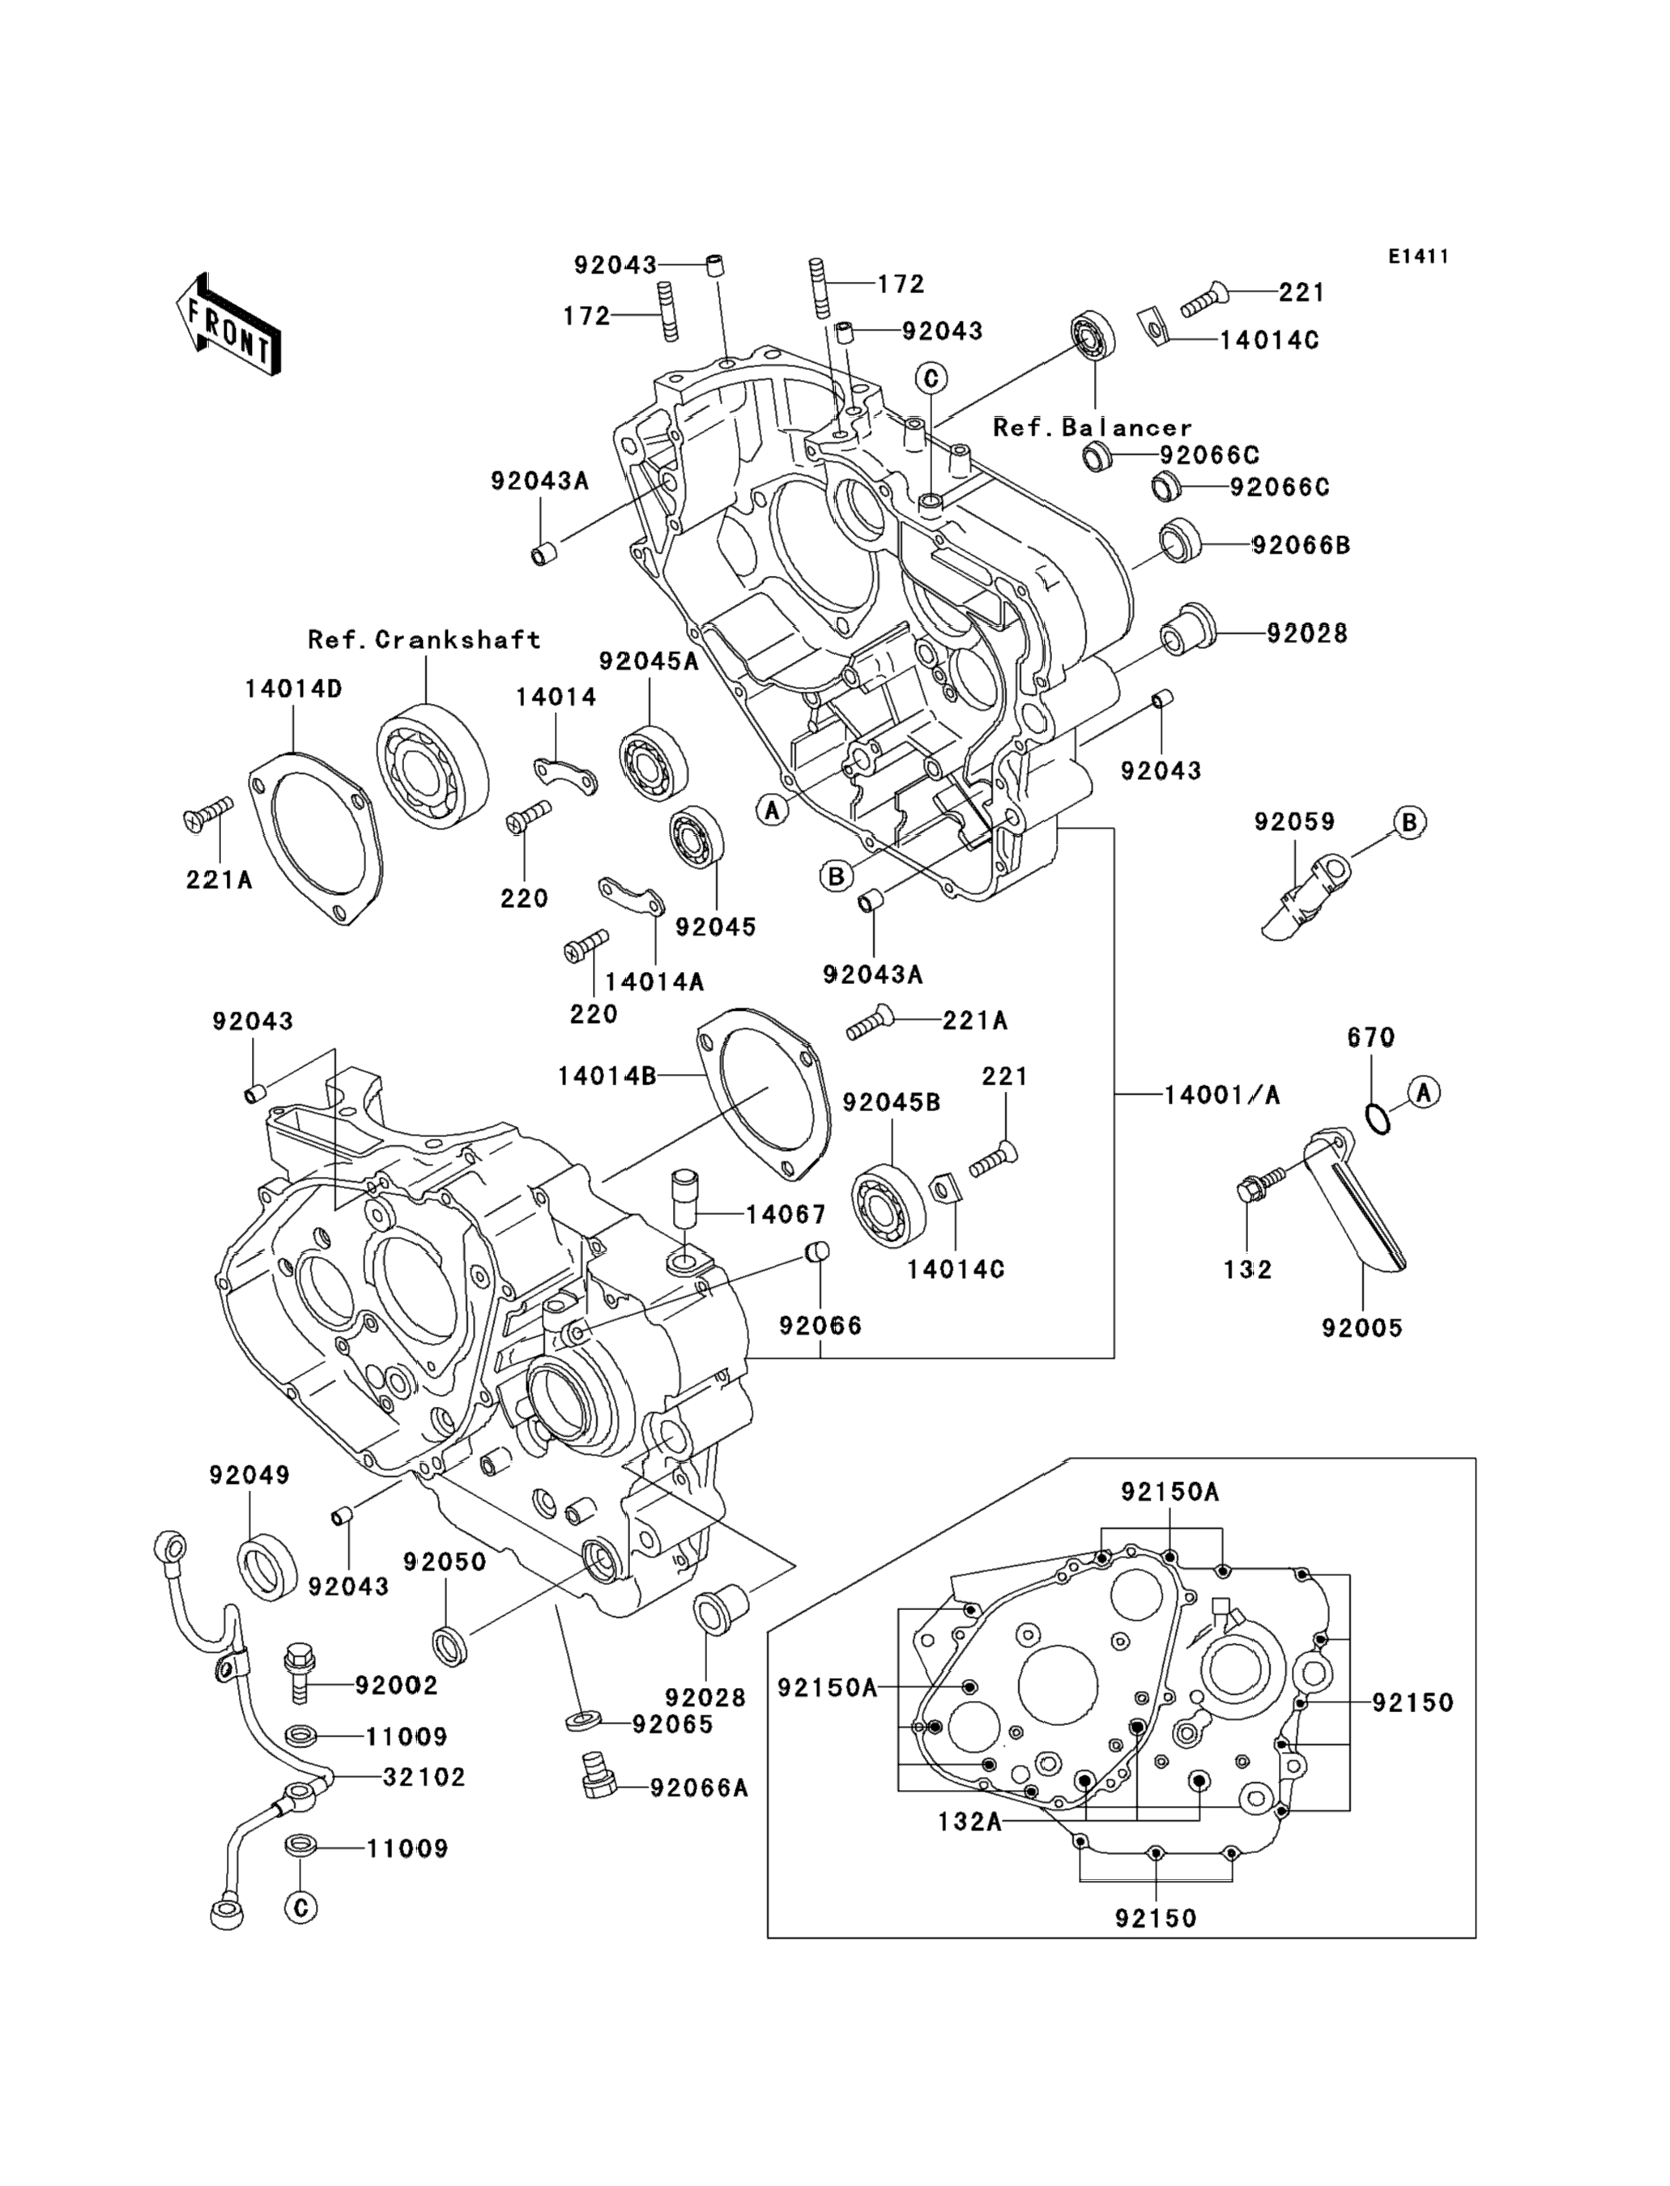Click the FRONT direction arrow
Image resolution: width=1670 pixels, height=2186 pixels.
tap(228, 324)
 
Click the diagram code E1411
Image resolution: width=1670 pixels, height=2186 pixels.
tap(1418, 257)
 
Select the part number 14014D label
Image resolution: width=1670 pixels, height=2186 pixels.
tap(293, 689)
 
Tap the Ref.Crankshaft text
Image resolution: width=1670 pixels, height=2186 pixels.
tap(424, 639)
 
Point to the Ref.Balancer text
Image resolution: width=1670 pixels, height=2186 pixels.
tap(1093, 428)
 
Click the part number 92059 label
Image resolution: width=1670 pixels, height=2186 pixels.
tap(1294, 822)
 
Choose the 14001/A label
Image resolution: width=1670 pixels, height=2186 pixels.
tap(1221, 1096)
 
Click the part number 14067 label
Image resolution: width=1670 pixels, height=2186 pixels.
tap(786, 1214)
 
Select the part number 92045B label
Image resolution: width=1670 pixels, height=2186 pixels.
tap(891, 1103)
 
